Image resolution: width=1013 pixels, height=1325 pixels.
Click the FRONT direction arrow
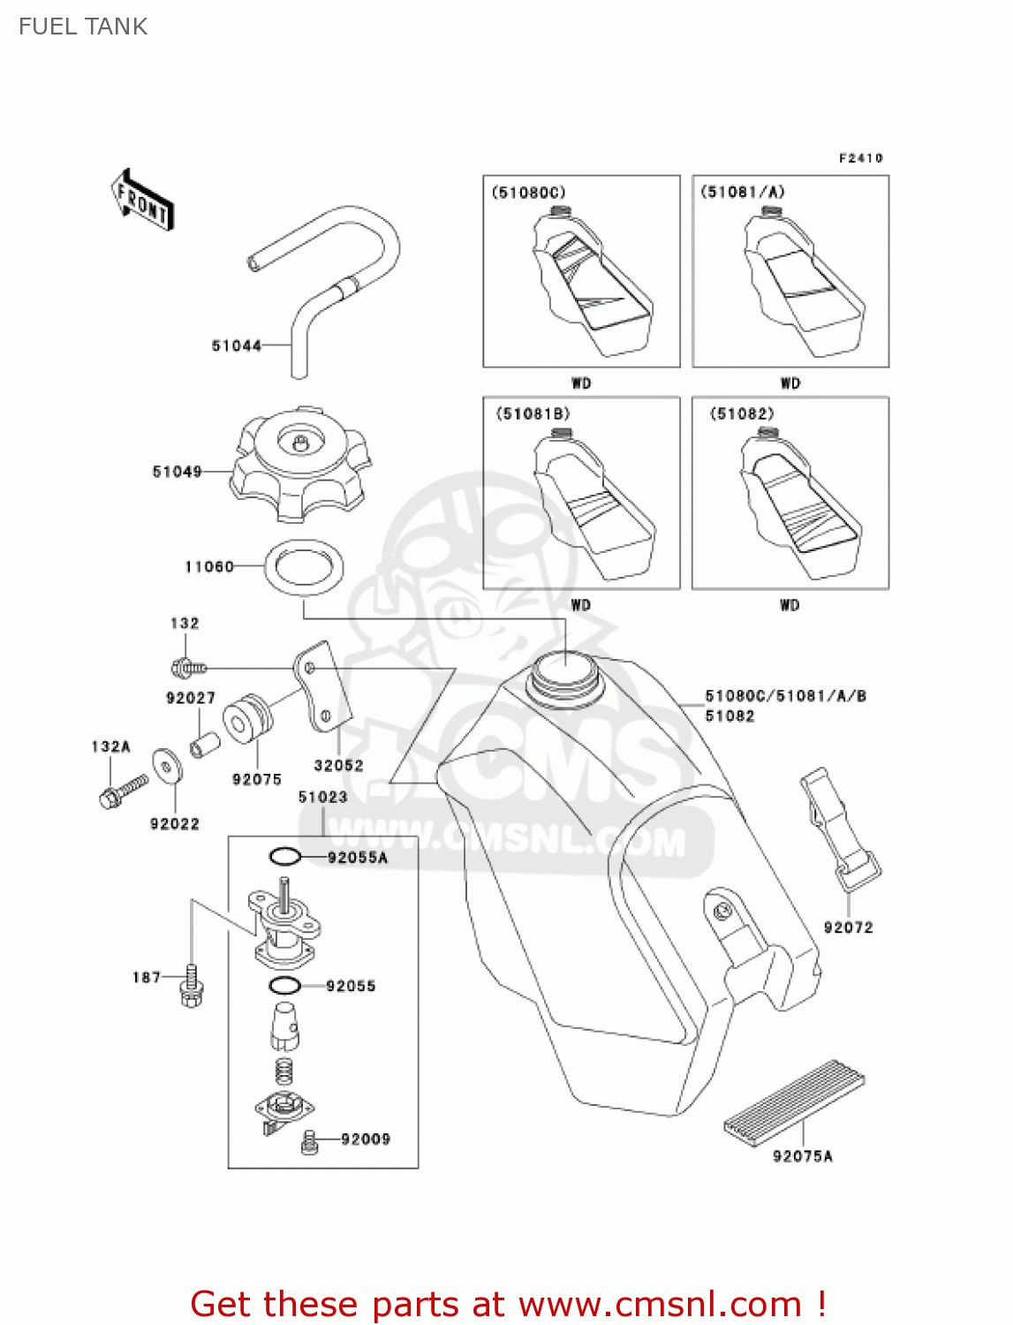[x=141, y=201]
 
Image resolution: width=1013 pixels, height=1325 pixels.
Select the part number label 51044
[x=236, y=345]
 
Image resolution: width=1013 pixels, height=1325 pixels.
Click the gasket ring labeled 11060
[x=304, y=566]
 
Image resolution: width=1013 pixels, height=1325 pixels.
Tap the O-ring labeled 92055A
[x=284, y=857]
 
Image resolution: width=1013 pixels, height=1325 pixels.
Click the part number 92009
[x=366, y=1139]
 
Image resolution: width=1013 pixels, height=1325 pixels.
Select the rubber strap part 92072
[x=839, y=827]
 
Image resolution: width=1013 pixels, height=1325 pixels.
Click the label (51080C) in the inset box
[x=528, y=193]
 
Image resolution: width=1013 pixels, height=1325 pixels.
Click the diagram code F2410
[x=860, y=158]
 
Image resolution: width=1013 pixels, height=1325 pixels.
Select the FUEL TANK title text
[x=83, y=26]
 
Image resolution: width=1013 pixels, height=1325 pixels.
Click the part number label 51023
[x=322, y=797]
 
